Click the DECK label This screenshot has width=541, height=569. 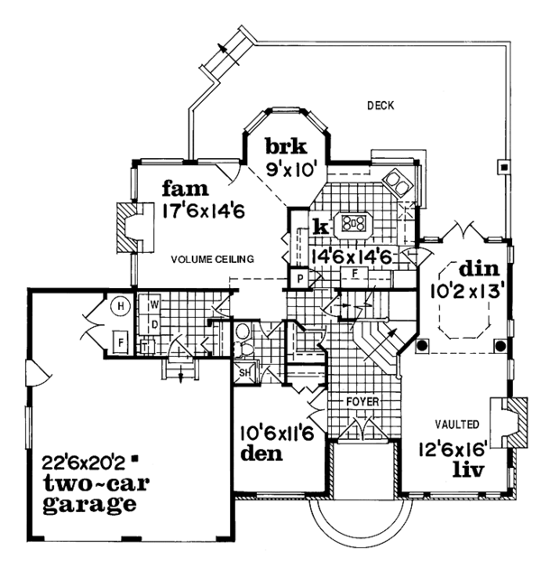point(381,106)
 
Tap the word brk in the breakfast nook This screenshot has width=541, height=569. point(287,145)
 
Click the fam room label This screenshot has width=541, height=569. point(186,191)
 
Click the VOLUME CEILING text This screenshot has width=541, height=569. point(213,259)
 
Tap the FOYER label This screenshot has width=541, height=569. point(366,400)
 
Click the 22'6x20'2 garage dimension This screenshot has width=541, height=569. point(84,461)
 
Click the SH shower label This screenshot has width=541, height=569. point(244,372)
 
